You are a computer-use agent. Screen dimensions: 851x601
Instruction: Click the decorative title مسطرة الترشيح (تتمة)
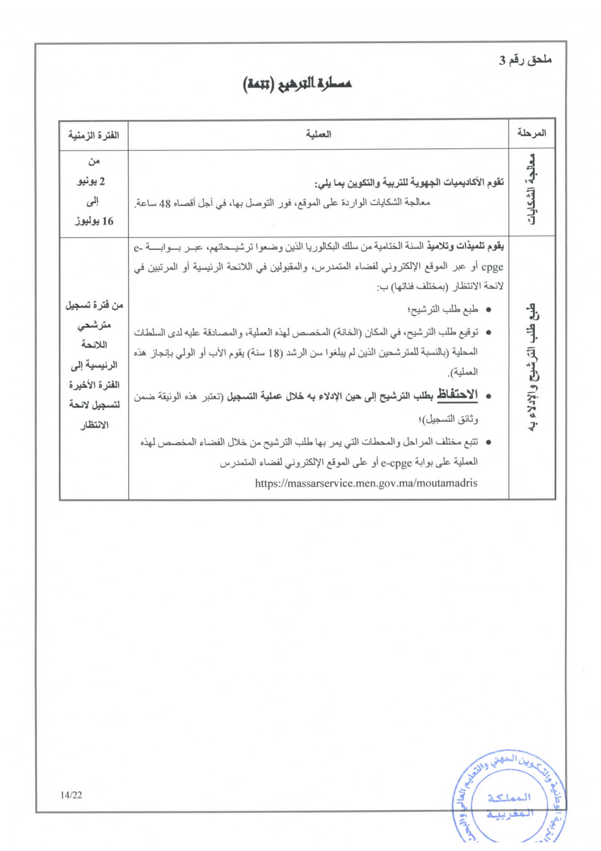(297, 84)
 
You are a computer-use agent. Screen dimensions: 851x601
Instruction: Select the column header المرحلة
(531, 133)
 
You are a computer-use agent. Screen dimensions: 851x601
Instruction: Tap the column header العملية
(318, 134)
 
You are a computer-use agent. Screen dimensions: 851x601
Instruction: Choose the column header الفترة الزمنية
(94, 135)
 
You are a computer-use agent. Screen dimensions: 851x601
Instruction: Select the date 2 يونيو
(91, 182)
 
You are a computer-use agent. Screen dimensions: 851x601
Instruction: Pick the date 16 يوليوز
(94, 221)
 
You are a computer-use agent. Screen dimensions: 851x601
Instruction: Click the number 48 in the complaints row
(165, 203)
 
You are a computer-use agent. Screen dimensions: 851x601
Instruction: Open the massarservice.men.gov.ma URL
(366, 483)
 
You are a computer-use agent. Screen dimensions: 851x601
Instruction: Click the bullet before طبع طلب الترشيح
(488, 310)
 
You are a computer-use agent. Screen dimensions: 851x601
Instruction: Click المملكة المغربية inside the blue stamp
(510, 805)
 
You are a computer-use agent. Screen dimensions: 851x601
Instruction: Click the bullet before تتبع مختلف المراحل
(488, 443)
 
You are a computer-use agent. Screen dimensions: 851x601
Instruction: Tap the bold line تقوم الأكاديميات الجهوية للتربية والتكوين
(409, 183)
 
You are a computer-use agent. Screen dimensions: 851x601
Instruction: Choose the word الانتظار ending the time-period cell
(94, 425)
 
